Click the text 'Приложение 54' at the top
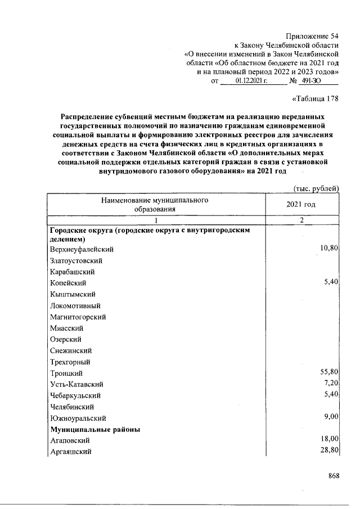(312, 37)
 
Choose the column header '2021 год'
(301, 204)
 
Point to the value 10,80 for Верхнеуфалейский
(328, 247)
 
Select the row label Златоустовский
(76, 260)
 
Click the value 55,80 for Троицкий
(328, 372)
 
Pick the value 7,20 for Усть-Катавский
(330, 383)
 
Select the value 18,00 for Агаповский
(328, 439)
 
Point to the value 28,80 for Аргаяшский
(328, 451)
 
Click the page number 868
(334, 476)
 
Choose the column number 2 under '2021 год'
(301, 220)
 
